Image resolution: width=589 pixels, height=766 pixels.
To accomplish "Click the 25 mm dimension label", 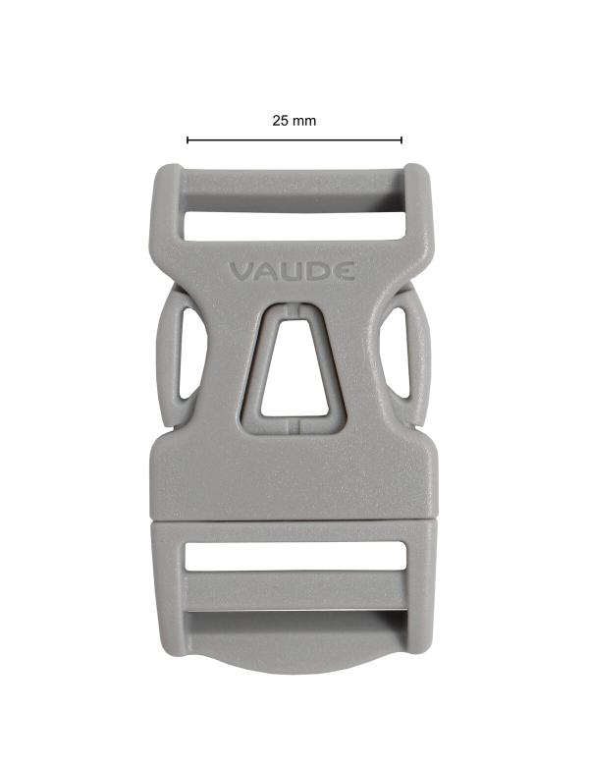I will point(294,121).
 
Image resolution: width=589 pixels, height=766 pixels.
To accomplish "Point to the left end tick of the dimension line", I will point(187,140).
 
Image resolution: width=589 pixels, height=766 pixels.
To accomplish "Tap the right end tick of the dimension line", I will point(402,140).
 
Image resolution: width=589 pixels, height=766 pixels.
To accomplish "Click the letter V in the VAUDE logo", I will point(241,271).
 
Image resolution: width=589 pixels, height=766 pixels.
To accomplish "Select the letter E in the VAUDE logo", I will point(344,271).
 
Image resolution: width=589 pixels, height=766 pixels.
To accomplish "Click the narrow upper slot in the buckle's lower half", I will point(294,557).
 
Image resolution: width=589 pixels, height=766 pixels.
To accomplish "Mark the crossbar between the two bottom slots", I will point(294,591).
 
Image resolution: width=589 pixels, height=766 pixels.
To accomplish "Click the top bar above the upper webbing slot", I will point(294,183).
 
